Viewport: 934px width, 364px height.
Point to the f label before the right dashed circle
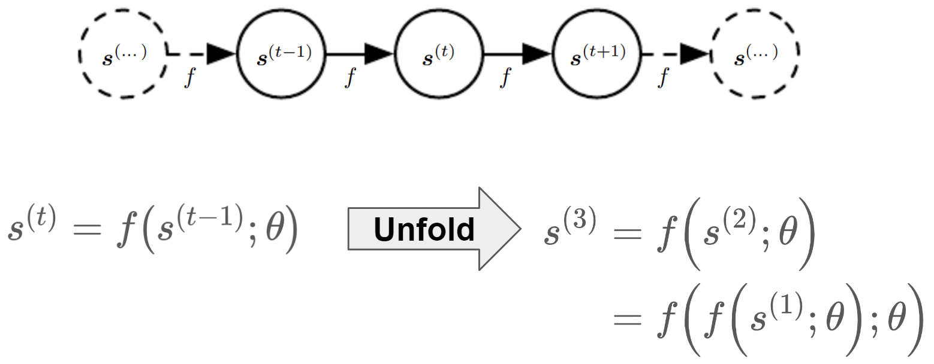pyautogui.click(x=663, y=78)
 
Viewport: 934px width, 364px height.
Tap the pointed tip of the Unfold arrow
pyautogui.click(x=520, y=229)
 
